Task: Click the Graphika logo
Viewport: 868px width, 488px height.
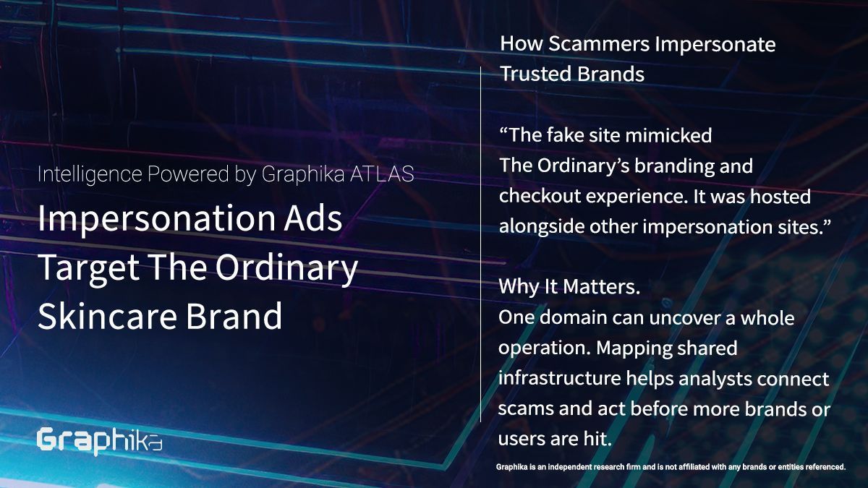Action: [99, 442]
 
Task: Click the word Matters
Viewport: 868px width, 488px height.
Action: [601, 287]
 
